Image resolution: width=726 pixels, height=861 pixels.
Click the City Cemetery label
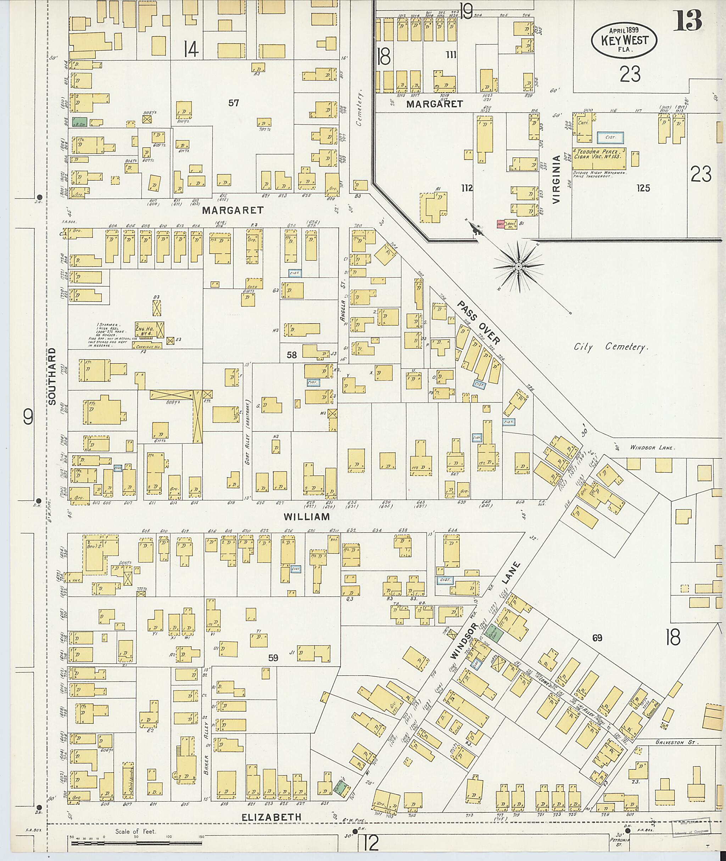click(x=611, y=347)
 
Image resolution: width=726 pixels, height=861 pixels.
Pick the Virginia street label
click(x=557, y=179)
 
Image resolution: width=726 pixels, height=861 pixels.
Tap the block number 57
click(x=234, y=103)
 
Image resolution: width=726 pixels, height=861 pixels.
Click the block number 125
click(x=642, y=188)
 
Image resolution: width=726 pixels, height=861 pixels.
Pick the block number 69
click(x=597, y=638)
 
